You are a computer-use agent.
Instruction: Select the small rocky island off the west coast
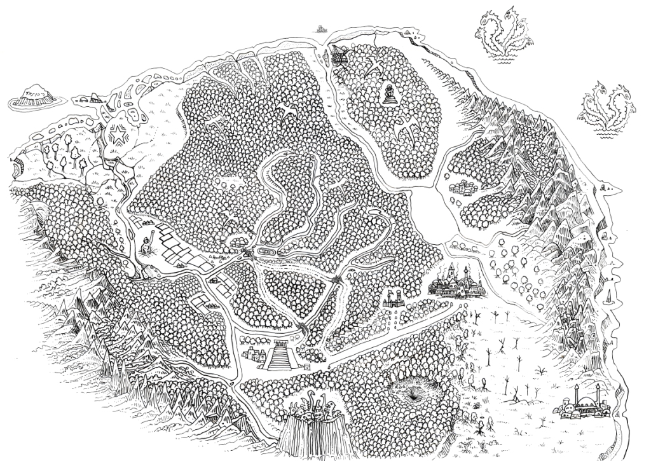[32, 97]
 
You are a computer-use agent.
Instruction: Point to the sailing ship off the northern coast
[319, 29]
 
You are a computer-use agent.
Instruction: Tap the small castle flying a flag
[395, 299]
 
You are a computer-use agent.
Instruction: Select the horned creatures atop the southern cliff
[318, 407]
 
